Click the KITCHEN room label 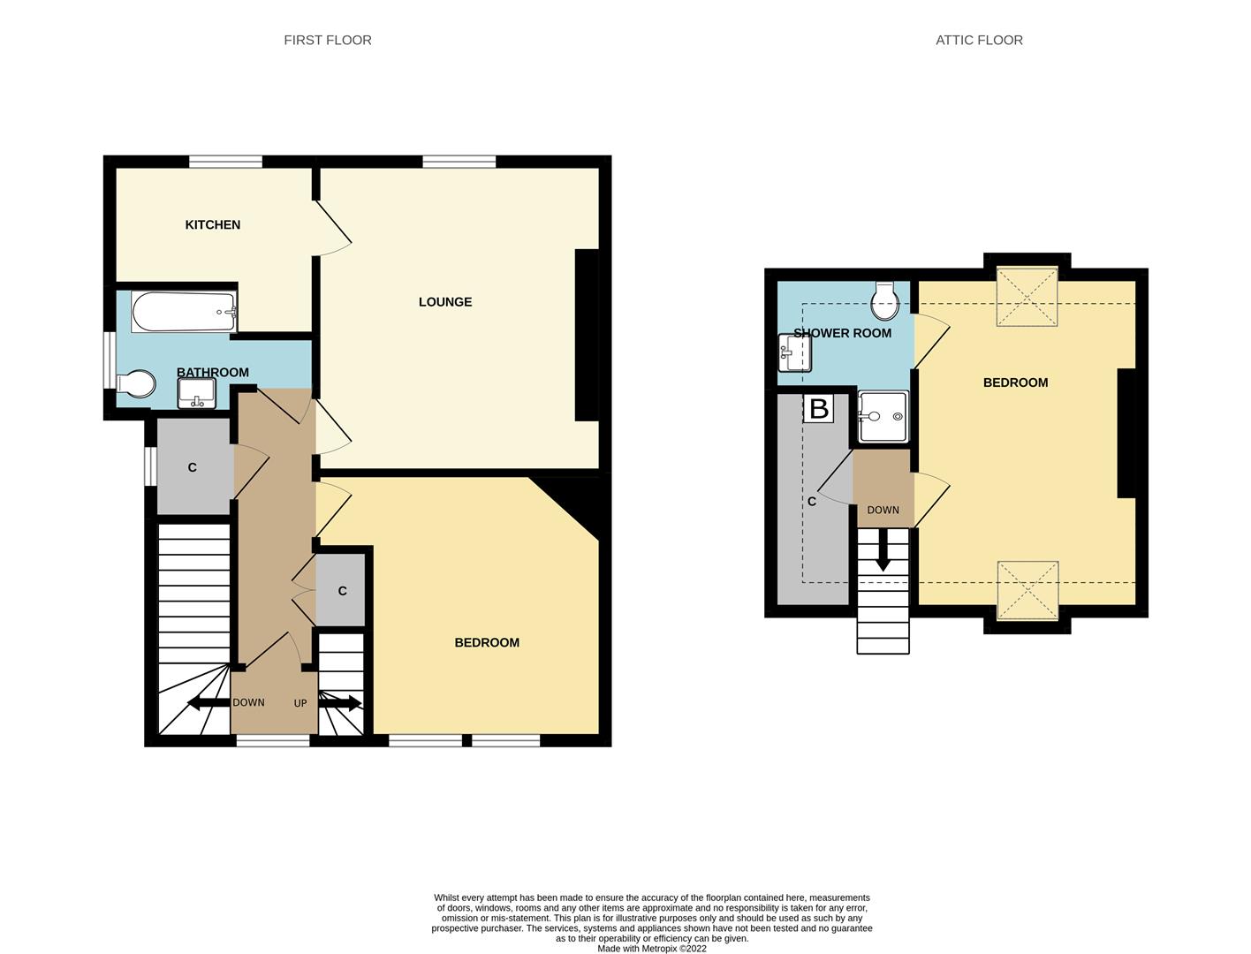212,224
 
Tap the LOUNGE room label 444,302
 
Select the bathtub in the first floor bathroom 184,312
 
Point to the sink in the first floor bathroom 196,394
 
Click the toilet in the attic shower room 884,301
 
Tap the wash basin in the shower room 794,353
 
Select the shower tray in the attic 883,416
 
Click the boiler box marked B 818,409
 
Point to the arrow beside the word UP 340,703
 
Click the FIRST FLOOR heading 327,40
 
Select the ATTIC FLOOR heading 979,40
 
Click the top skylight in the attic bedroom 1027,297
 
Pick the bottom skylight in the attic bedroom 1027,590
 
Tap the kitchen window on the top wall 225,162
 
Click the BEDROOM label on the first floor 487,642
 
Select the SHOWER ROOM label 842,333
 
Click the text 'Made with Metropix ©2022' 652,949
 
